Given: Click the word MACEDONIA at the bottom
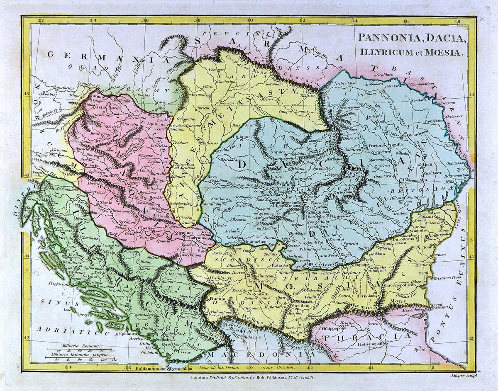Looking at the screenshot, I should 240,356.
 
